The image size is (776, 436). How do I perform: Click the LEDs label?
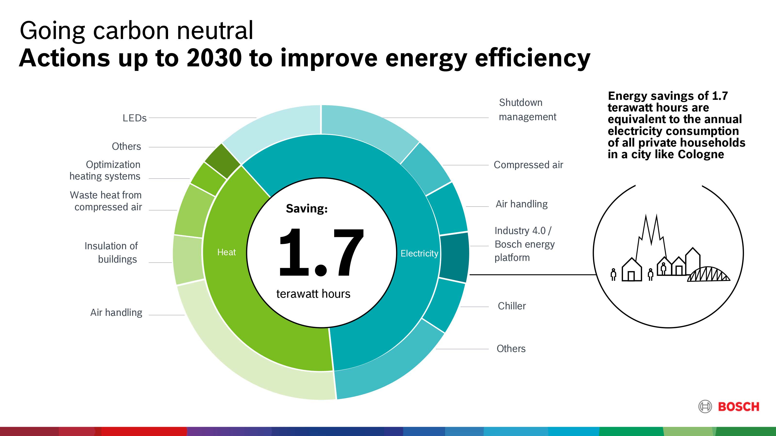pyautogui.click(x=134, y=118)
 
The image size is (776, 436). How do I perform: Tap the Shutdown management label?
pyautogui.click(x=527, y=109)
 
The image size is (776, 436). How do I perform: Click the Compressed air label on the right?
pyautogui.click(x=528, y=165)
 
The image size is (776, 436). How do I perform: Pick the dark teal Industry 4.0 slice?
pyautogui.click(x=454, y=257)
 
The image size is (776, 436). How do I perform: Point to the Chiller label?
pyautogui.click(x=511, y=306)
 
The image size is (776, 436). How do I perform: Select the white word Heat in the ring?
pyautogui.click(x=226, y=252)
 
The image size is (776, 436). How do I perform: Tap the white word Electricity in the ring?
pyautogui.click(x=419, y=253)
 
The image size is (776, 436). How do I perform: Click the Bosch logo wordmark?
pyautogui.click(x=738, y=407)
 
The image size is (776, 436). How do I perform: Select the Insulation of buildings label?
pyautogui.click(x=111, y=252)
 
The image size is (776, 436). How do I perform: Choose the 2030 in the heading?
pyautogui.click(x=214, y=58)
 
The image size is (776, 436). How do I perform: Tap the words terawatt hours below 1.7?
pyautogui.click(x=313, y=294)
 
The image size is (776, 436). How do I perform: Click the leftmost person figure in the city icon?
pyautogui.click(x=613, y=274)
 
